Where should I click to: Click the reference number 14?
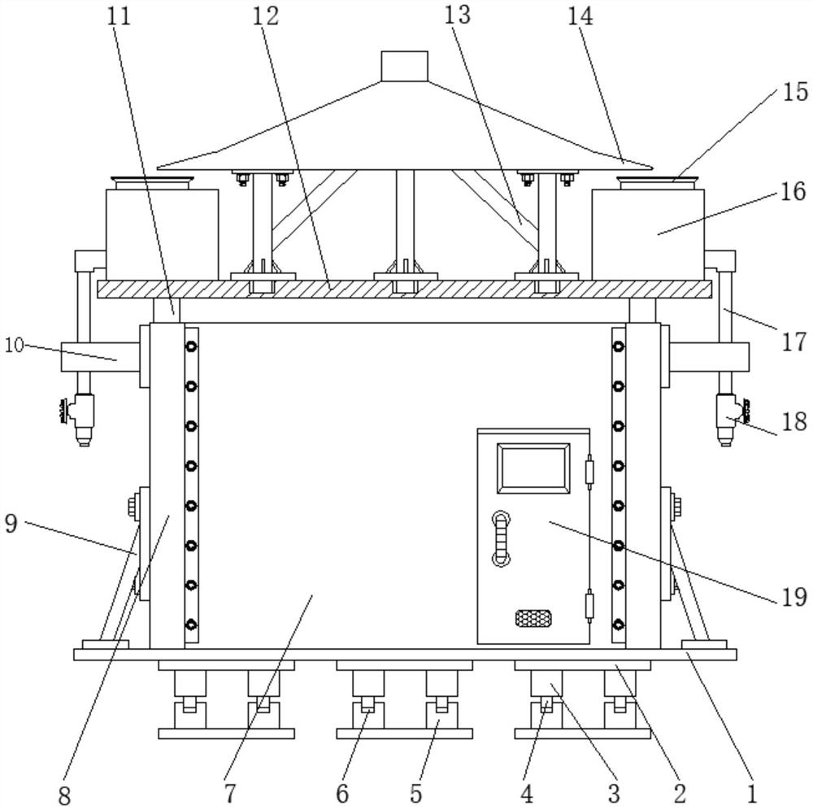(580, 16)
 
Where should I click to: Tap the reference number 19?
(793, 598)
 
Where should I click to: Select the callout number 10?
(15, 345)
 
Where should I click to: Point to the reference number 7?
(230, 793)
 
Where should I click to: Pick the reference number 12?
(266, 16)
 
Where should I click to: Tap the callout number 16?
(793, 192)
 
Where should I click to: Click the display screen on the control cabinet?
(533, 466)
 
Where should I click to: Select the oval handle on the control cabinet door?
(501, 538)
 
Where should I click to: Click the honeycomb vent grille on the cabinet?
(533, 617)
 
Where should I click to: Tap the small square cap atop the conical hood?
(404, 66)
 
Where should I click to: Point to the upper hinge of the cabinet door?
(589, 468)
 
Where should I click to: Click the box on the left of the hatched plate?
(162, 234)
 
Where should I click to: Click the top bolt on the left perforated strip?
(192, 346)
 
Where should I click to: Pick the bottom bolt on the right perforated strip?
(618, 625)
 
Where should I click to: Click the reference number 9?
(11, 523)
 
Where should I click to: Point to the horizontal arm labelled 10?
(100, 357)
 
